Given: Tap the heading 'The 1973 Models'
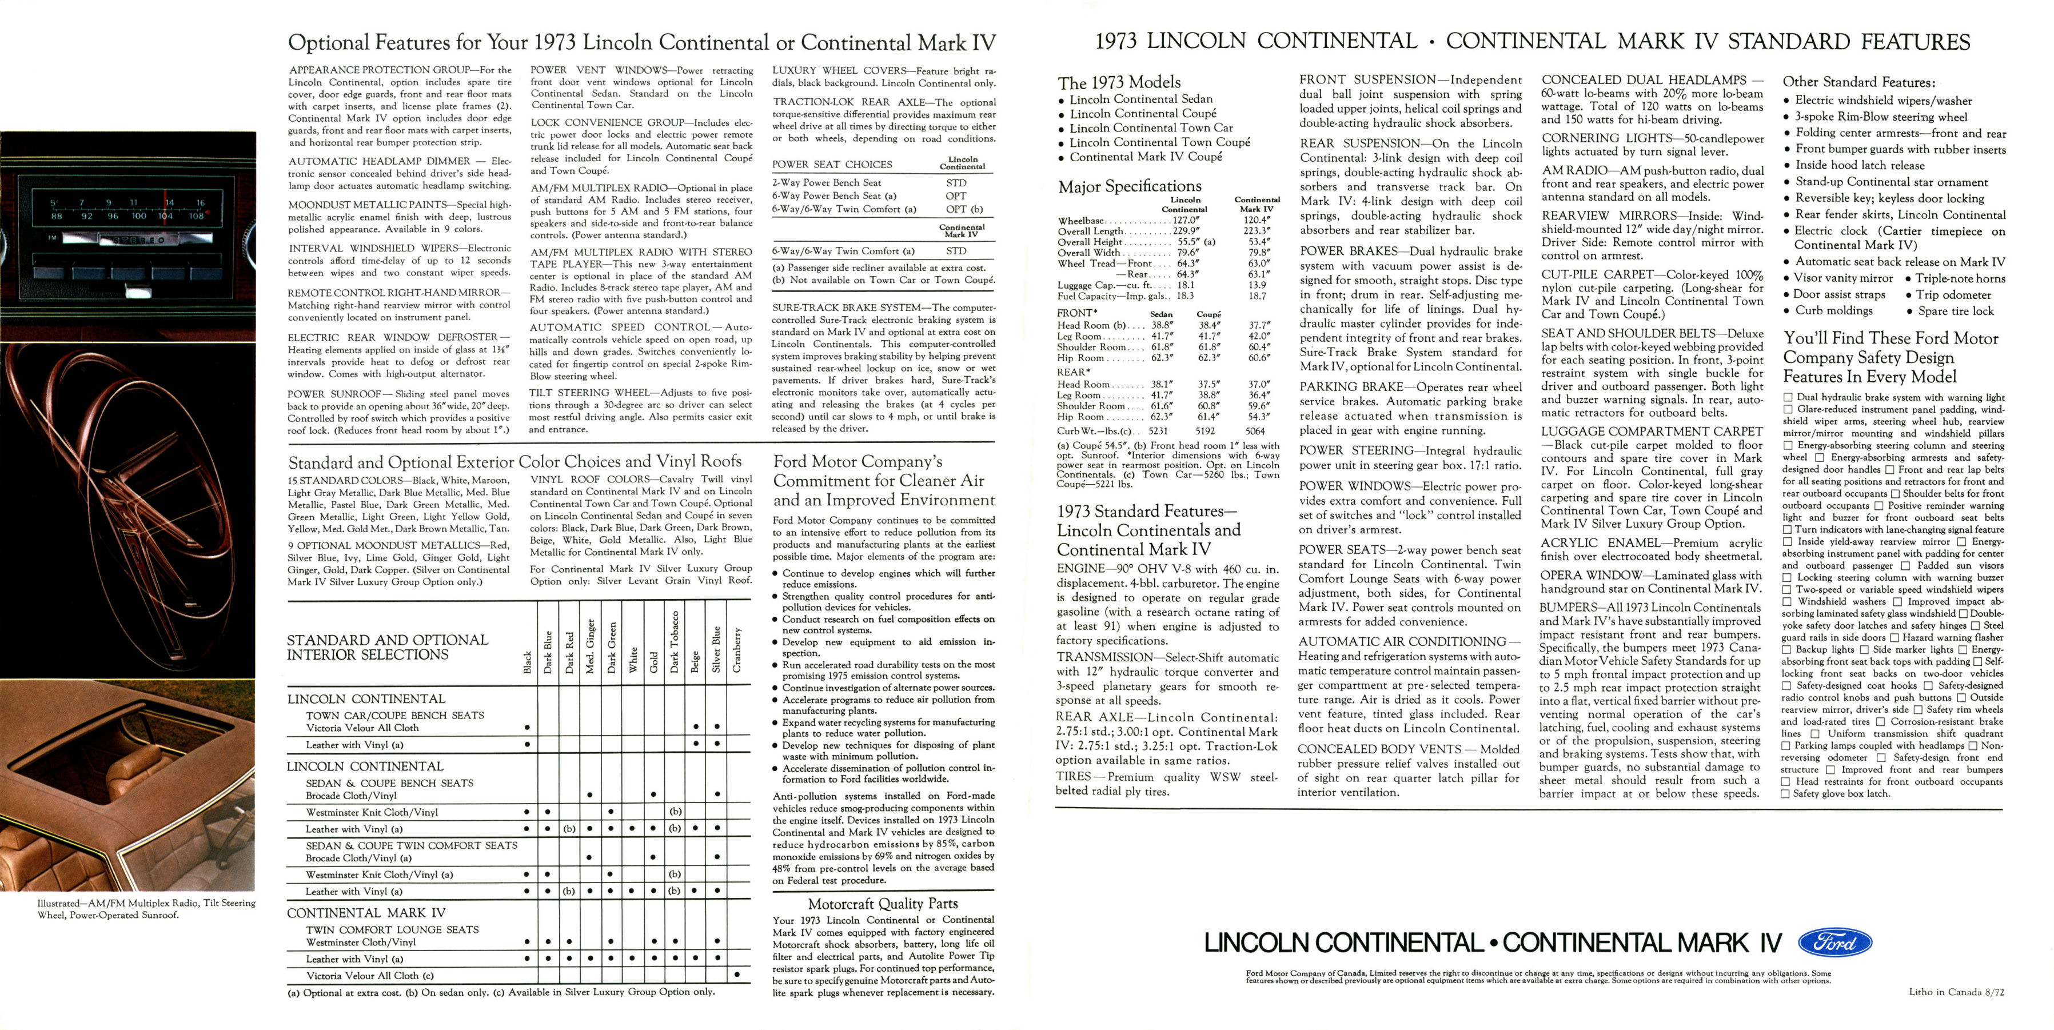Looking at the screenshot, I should pos(1119,82).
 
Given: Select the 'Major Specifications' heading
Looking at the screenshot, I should pos(1129,186).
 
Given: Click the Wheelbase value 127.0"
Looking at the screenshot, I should pos(1186,221).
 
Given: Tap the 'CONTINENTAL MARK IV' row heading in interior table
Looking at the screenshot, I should pos(366,913).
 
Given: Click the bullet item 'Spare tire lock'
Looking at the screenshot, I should pos(1955,311).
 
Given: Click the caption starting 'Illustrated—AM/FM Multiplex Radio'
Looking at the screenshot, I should pos(146,909).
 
